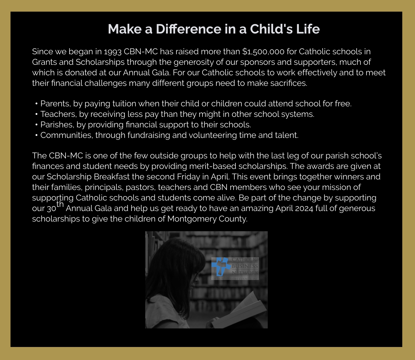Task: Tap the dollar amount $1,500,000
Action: [263, 52]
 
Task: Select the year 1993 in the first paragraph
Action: [113, 52]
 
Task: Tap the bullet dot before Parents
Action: [36, 104]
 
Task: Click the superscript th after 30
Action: [60, 204]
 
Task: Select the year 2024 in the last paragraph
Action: [304, 209]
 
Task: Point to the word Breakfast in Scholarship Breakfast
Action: [111, 177]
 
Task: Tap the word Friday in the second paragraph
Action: [188, 177]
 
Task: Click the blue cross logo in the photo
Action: [221, 266]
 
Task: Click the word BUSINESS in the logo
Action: [245, 266]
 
